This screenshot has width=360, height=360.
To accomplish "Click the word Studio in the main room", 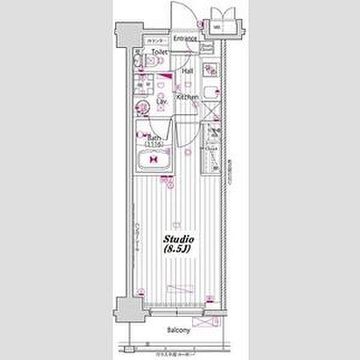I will pos(178,239).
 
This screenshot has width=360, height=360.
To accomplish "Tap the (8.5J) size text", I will pos(177,249).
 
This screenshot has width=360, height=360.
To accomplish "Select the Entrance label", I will pos(185,39).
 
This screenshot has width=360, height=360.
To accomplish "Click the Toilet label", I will pos(158,53).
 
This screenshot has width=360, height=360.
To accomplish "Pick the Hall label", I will pos(187,71).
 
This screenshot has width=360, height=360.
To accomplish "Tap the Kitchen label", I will pos(187,97).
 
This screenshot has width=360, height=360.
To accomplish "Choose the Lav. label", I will pos(161,102).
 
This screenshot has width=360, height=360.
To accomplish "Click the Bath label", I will pos(155,138).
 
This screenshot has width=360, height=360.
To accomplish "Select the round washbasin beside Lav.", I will pos(143,109).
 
